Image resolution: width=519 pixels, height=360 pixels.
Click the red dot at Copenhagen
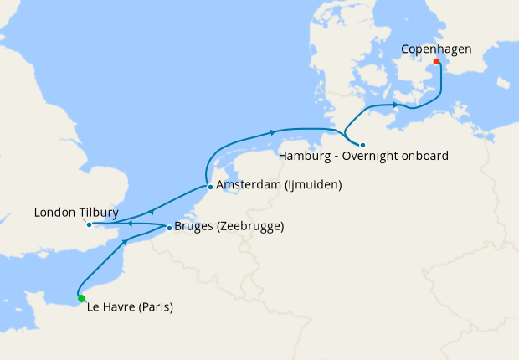[x=436, y=61]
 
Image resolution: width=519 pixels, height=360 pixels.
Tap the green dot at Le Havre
[x=81, y=298]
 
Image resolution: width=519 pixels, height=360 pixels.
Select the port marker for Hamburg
[x=362, y=145]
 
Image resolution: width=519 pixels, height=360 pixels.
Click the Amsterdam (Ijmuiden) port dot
[x=209, y=187]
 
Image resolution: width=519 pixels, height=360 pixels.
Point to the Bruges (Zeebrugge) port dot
[x=168, y=227]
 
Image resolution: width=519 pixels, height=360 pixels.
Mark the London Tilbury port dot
[x=89, y=224]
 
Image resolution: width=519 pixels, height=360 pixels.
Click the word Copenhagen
[x=435, y=49]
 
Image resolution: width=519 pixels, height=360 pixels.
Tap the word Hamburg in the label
[x=305, y=157]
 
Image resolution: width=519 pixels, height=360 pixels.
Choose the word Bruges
[x=194, y=227]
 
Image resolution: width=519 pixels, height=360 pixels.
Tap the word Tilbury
[x=100, y=213]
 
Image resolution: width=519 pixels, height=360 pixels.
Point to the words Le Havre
[x=109, y=307]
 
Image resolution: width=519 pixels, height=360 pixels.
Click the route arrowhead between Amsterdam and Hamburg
[x=272, y=132]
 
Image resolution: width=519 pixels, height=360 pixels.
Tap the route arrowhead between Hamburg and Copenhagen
[x=394, y=105]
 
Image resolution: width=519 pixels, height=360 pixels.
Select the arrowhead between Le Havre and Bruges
[x=126, y=241]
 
